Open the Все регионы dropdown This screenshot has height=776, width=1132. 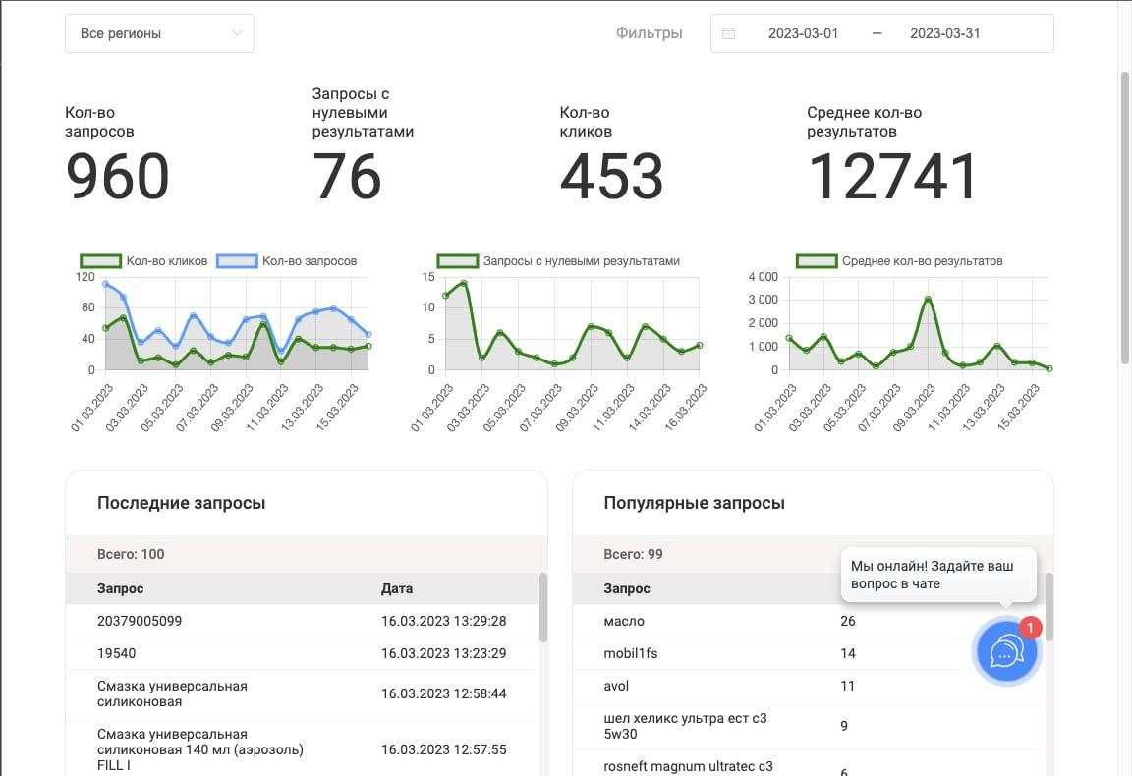(x=159, y=33)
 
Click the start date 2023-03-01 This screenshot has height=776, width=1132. (x=803, y=33)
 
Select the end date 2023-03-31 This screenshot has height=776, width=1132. (x=944, y=33)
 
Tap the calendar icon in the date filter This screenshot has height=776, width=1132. (x=728, y=33)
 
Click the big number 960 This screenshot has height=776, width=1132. (x=117, y=177)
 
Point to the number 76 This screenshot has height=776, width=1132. (x=347, y=177)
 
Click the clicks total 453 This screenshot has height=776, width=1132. (x=611, y=177)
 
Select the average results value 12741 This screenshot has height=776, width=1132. (x=892, y=177)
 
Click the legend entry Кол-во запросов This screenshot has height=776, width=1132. (x=287, y=261)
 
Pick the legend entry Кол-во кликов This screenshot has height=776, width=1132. (x=143, y=261)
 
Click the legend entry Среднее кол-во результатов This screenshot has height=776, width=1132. (x=899, y=261)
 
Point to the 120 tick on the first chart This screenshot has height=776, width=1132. (x=85, y=276)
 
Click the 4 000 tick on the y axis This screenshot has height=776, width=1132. (x=764, y=276)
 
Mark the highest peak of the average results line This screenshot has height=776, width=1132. (x=928, y=299)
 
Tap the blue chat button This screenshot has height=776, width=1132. (x=1006, y=652)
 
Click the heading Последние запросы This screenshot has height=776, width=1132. (x=181, y=503)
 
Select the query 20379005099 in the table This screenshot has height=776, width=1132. (x=140, y=621)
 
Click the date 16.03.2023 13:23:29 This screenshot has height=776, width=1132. (x=444, y=653)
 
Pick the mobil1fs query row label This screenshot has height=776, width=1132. (x=630, y=653)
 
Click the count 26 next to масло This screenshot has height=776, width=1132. (x=848, y=621)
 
